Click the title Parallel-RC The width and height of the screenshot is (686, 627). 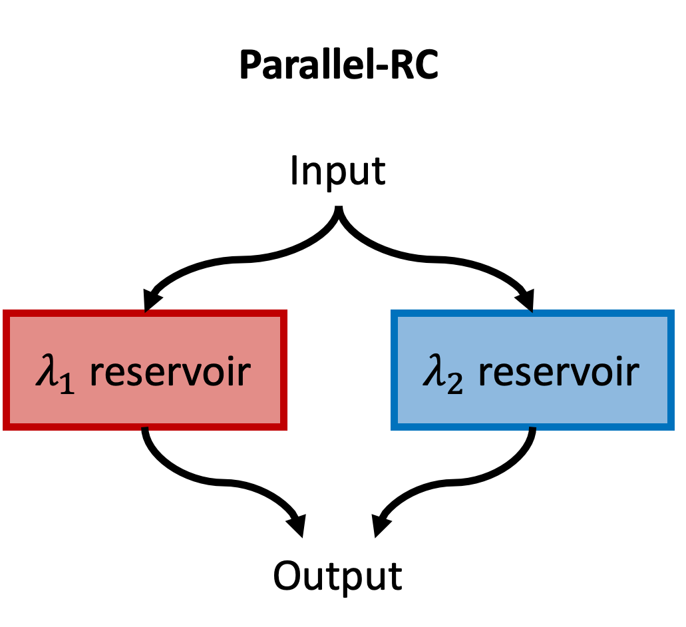(338, 65)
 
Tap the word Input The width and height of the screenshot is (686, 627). (338, 171)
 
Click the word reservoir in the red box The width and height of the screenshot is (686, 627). (170, 372)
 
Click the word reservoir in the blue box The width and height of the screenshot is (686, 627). (558, 372)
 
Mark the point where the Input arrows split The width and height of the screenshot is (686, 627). (340, 213)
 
